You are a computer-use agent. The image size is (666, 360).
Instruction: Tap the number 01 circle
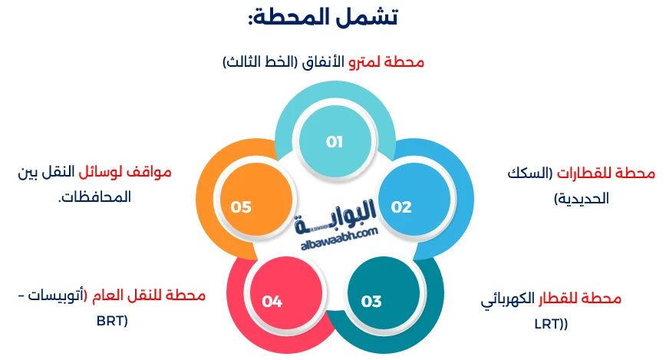point(334,142)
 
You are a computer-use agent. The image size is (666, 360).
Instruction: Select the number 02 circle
point(401,207)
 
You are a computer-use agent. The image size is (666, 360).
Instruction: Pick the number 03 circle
point(371,301)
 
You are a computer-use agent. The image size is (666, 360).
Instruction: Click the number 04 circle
point(272,301)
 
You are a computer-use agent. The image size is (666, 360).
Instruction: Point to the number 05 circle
point(241,207)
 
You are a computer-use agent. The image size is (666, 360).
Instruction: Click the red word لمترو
point(366,62)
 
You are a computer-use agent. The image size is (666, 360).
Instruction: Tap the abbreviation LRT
point(549,323)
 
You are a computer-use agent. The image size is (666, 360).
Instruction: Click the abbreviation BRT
point(112,319)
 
